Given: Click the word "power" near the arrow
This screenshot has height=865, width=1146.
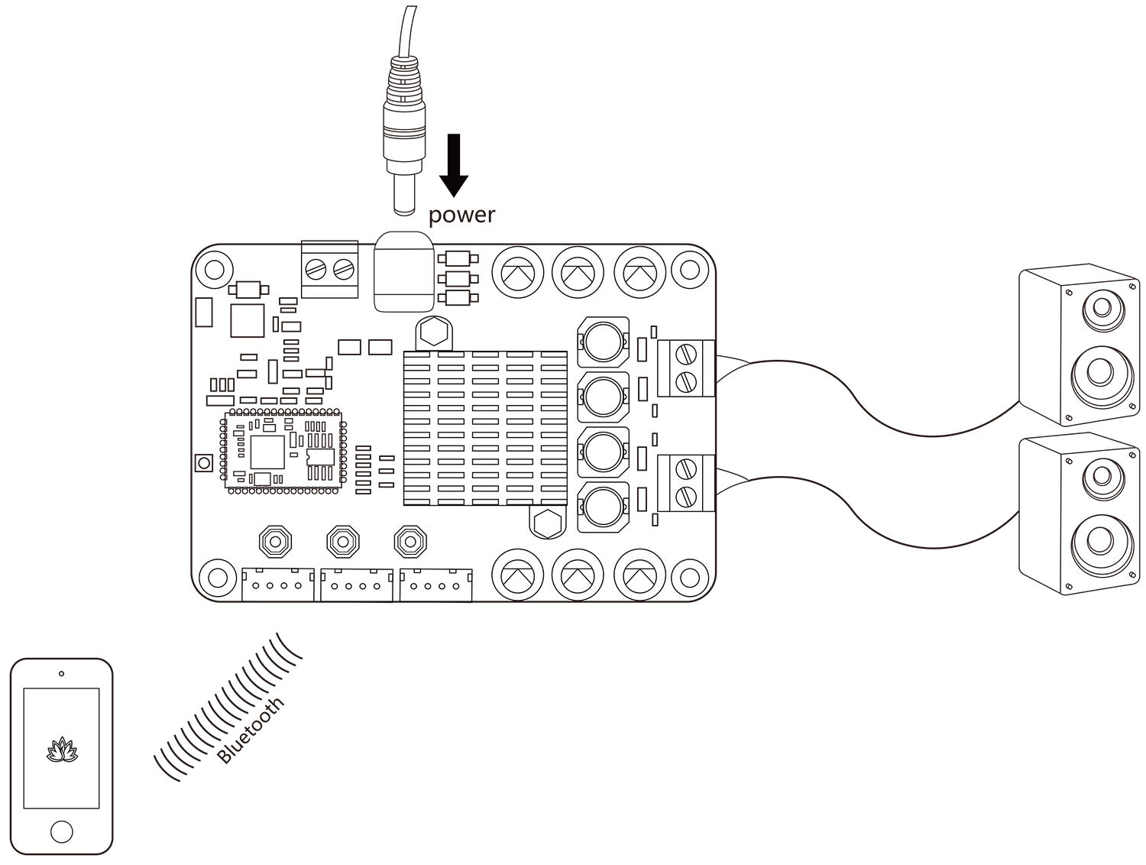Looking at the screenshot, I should pos(461,215).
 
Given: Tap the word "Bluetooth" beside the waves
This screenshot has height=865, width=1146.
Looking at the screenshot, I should pos(251,730).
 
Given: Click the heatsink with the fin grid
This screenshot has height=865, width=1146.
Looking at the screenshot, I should pos(485,428).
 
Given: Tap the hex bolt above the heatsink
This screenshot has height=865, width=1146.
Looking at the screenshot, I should pos(432,333).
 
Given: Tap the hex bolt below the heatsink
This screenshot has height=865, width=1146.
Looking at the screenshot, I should pos(545,524).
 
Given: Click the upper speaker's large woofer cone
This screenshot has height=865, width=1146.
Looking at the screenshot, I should pos(1100,373).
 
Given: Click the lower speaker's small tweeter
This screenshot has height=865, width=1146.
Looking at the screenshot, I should pos(1100,475).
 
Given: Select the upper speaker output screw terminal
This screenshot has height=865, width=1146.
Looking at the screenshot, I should pos(685,368).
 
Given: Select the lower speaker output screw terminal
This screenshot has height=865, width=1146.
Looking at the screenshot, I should pos(685,483).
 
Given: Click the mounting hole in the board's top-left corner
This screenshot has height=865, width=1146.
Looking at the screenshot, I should pos(214,268).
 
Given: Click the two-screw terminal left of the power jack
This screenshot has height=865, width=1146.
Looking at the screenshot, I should pos(330,268).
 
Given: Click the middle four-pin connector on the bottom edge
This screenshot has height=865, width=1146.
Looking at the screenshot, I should pos(357,585).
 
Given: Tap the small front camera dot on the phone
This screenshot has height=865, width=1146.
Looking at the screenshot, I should pos(61,674).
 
